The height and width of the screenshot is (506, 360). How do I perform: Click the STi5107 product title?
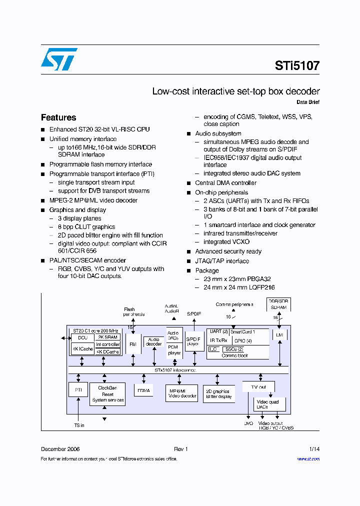297,65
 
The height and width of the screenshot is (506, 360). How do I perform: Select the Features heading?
58,117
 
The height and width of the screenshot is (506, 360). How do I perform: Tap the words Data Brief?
308,102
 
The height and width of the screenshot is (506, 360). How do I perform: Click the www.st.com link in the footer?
308,459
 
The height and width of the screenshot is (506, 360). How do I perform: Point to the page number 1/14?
314,449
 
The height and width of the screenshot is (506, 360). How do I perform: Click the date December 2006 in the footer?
60,449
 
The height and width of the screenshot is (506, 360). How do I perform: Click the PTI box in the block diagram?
78,389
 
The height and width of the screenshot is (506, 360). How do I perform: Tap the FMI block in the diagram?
133,344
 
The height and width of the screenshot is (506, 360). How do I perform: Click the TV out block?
258,386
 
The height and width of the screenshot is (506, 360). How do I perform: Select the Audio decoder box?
153,341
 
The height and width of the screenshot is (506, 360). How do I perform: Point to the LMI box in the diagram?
278,334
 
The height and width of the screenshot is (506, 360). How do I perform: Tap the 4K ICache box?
82,349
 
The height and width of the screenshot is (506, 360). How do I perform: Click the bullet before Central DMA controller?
189,183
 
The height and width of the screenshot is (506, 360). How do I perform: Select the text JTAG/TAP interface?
221,261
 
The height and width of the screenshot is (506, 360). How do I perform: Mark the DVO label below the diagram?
248,423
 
